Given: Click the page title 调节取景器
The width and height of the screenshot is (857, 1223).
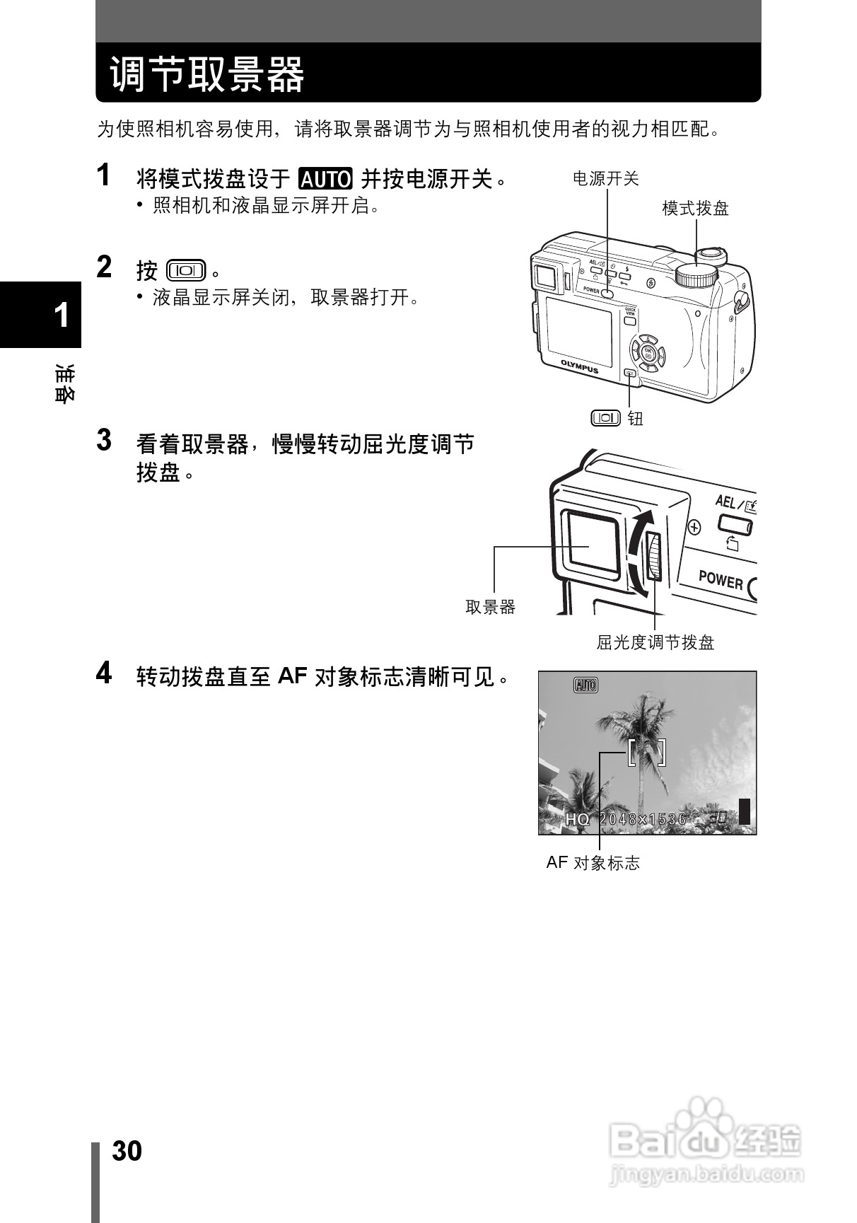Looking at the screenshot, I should [x=207, y=74].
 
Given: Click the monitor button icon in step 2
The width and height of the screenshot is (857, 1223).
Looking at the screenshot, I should [x=186, y=270].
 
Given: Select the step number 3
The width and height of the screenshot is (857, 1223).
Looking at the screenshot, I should [x=104, y=440].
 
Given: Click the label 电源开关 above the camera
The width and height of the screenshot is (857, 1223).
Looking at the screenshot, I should [x=605, y=179].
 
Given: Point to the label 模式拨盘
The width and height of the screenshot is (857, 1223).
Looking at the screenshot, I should [x=695, y=209].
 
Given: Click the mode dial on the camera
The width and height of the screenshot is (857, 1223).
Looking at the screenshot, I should [x=696, y=275].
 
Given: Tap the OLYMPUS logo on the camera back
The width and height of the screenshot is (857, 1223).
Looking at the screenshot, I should [x=579, y=366].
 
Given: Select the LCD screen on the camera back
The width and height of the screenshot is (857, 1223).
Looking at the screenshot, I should [x=579, y=328].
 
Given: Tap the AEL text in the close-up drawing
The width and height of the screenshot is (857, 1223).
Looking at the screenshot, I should [x=725, y=502].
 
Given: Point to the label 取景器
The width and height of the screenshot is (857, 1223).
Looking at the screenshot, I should [x=491, y=607].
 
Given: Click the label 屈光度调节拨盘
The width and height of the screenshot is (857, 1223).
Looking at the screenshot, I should [x=655, y=642].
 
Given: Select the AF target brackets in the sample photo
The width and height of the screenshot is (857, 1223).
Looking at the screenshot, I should [x=646, y=752].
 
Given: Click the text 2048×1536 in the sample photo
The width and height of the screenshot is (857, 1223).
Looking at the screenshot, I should [x=643, y=819].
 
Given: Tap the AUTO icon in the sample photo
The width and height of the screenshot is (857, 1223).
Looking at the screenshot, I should [x=585, y=685].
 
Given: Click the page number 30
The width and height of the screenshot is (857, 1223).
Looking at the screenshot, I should [x=127, y=1151].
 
